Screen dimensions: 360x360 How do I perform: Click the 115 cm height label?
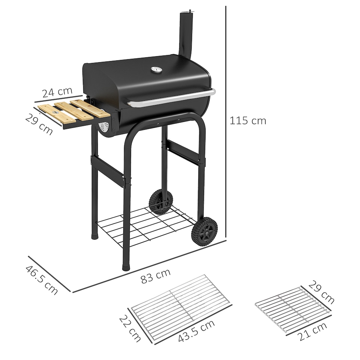(x=248, y=121)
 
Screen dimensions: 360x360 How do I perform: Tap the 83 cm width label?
(x=155, y=277)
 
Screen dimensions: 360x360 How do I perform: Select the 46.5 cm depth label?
(x=42, y=280)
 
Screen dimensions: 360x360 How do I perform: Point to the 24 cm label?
(x=57, y=92)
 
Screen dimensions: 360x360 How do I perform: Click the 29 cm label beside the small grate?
(x=321, y=292)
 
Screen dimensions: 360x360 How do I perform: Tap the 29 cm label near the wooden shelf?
(x=39, y=124)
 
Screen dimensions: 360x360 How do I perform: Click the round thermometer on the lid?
(x=156, y=70)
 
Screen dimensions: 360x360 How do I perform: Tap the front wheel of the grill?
(x=204, y=231)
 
